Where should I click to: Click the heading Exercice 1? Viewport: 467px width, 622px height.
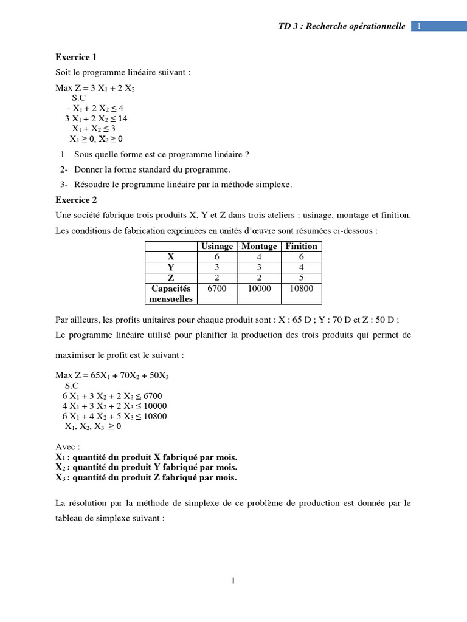tap(76, 58)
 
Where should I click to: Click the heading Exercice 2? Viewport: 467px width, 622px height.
tap(76, 200)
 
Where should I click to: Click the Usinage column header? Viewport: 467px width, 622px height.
tap(216, 246)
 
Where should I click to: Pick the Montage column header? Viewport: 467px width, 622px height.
tap(259, 246)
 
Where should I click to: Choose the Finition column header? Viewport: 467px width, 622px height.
tap(302, 246)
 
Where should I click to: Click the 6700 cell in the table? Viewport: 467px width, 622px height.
tap(216, 289)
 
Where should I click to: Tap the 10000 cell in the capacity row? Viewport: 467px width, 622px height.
tap(259, 289)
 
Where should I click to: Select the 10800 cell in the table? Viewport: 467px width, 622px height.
tap(302, 289)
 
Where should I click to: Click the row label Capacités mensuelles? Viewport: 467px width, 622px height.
tap(171, 293)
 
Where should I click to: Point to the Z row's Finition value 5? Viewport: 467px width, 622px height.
tap(302, 278)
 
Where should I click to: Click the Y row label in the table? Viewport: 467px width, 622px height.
tap(171, 267)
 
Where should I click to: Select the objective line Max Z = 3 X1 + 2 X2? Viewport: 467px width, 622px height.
tap(95, 88)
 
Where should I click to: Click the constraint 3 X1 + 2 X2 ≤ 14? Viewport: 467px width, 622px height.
tap(96, 118)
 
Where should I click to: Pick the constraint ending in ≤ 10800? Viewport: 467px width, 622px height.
tap(114, 416)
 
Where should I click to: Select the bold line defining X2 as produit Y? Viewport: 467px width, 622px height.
tap(146, 467)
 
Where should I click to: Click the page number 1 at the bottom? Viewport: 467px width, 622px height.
tap(233, 581)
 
